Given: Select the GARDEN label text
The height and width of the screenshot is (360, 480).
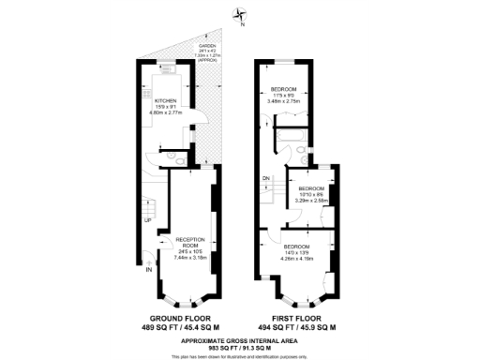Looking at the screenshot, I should tap(206, 46).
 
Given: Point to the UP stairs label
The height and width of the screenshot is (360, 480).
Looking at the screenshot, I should tap(147, 221).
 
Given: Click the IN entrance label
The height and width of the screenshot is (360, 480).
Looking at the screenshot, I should tap(148, 270).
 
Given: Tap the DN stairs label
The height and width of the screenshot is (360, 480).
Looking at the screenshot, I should tap(265, 177).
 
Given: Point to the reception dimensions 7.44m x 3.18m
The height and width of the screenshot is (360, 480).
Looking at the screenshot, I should tap(190, 255).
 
